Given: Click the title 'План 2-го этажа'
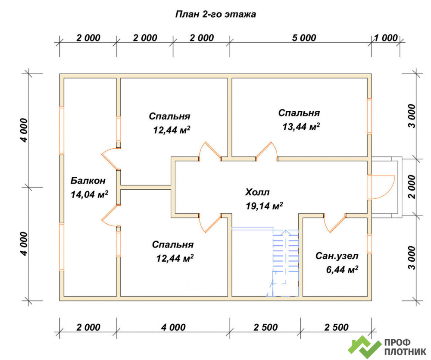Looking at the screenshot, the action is [215, 14].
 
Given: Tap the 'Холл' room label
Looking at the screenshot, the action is [257, 192].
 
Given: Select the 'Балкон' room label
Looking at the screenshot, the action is [88, 181].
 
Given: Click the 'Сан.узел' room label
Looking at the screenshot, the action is [337, 256].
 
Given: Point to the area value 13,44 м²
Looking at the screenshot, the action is [301, 126].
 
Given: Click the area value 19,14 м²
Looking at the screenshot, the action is [265, 206].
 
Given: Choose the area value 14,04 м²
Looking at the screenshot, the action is [89, 194].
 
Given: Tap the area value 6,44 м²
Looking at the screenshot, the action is [342, 269].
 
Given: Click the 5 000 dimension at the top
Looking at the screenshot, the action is [304, 38].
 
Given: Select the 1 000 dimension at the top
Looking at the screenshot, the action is [386, 38].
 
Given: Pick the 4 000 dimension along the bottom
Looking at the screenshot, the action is [173, 327].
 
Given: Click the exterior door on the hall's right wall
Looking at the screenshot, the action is [381, 187].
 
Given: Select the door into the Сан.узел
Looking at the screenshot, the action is [334, 223].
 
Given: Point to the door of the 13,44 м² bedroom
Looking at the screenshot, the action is [266, 151].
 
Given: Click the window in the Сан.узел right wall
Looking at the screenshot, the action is [369, 244].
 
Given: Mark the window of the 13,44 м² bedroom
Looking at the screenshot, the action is [369, 116].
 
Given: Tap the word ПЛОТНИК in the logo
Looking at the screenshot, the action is [405, 352].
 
